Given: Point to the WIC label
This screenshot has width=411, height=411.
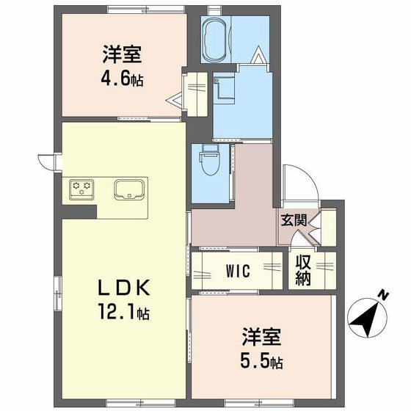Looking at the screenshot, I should tap(238, 272).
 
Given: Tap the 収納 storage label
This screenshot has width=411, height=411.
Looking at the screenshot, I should tap(303, 270).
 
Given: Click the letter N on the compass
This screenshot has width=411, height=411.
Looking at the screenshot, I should tap(382, 296).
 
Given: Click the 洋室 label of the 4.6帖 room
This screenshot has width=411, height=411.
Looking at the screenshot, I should tap(122, 54).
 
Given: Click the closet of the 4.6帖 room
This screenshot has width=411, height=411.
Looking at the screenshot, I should tap(196, 91).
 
